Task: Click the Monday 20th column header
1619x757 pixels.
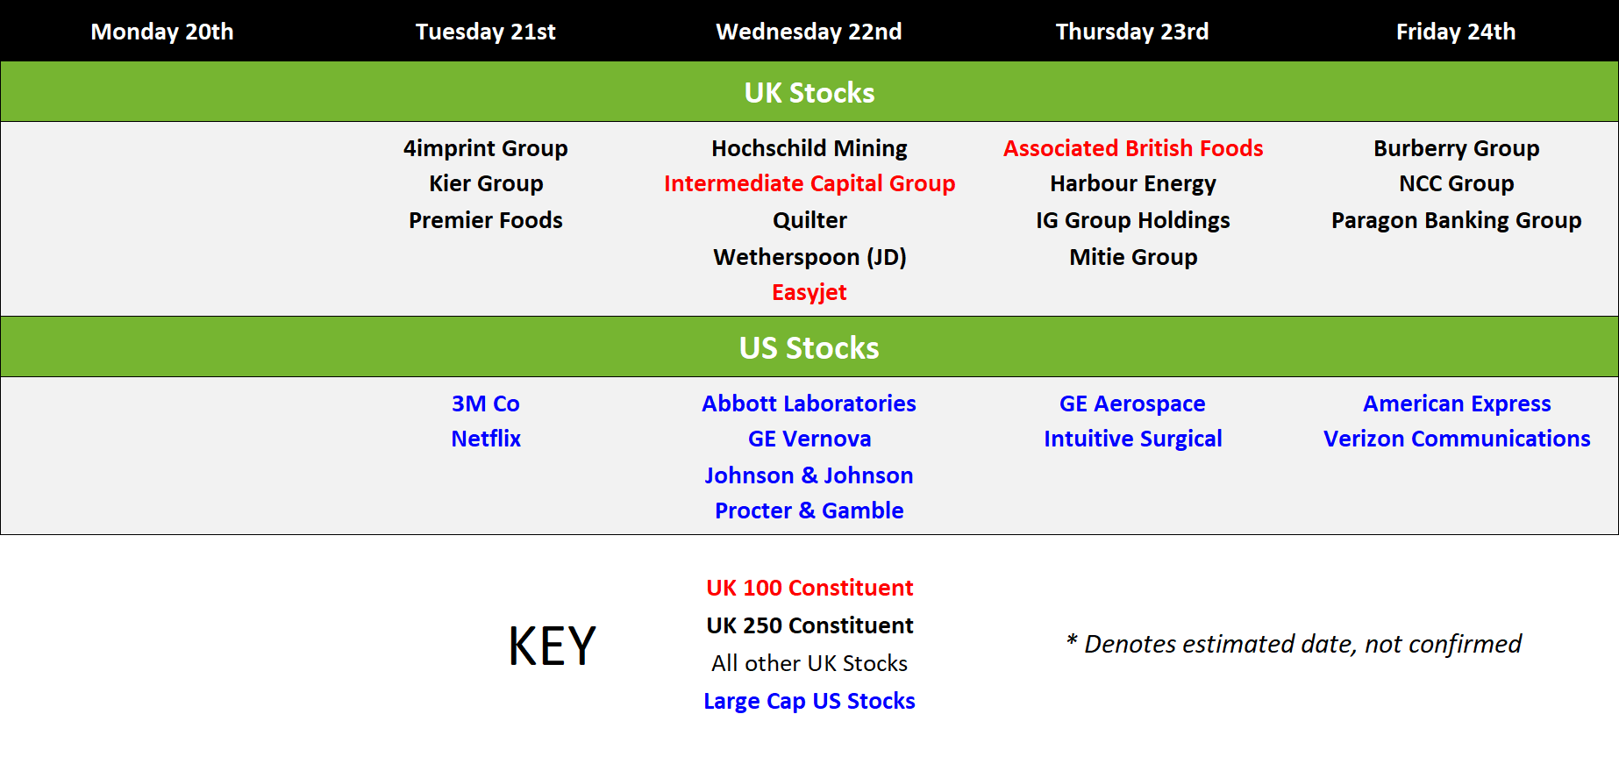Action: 162,32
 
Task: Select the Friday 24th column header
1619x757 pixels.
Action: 1456,32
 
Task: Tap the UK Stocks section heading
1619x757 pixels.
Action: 809,92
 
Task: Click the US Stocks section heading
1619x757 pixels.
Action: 809,347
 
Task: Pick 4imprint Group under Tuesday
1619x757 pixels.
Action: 486,148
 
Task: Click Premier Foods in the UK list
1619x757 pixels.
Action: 486,220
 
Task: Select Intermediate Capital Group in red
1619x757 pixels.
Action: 809,183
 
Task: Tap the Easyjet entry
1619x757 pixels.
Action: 809,292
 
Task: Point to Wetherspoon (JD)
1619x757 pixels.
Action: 809,257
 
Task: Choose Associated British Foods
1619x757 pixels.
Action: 1133,148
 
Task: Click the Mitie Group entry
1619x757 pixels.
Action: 1133,257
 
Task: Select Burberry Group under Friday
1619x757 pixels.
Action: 1457,148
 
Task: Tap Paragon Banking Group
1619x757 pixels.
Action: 1457,220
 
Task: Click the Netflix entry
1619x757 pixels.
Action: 486,439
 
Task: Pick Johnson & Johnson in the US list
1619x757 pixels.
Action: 809,475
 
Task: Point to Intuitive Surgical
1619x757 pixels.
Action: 1133,439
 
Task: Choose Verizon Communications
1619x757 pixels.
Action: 1457,439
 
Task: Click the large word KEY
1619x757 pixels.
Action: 553,646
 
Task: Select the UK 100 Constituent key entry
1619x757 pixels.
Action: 809,588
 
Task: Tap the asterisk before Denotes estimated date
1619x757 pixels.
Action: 1072,639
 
